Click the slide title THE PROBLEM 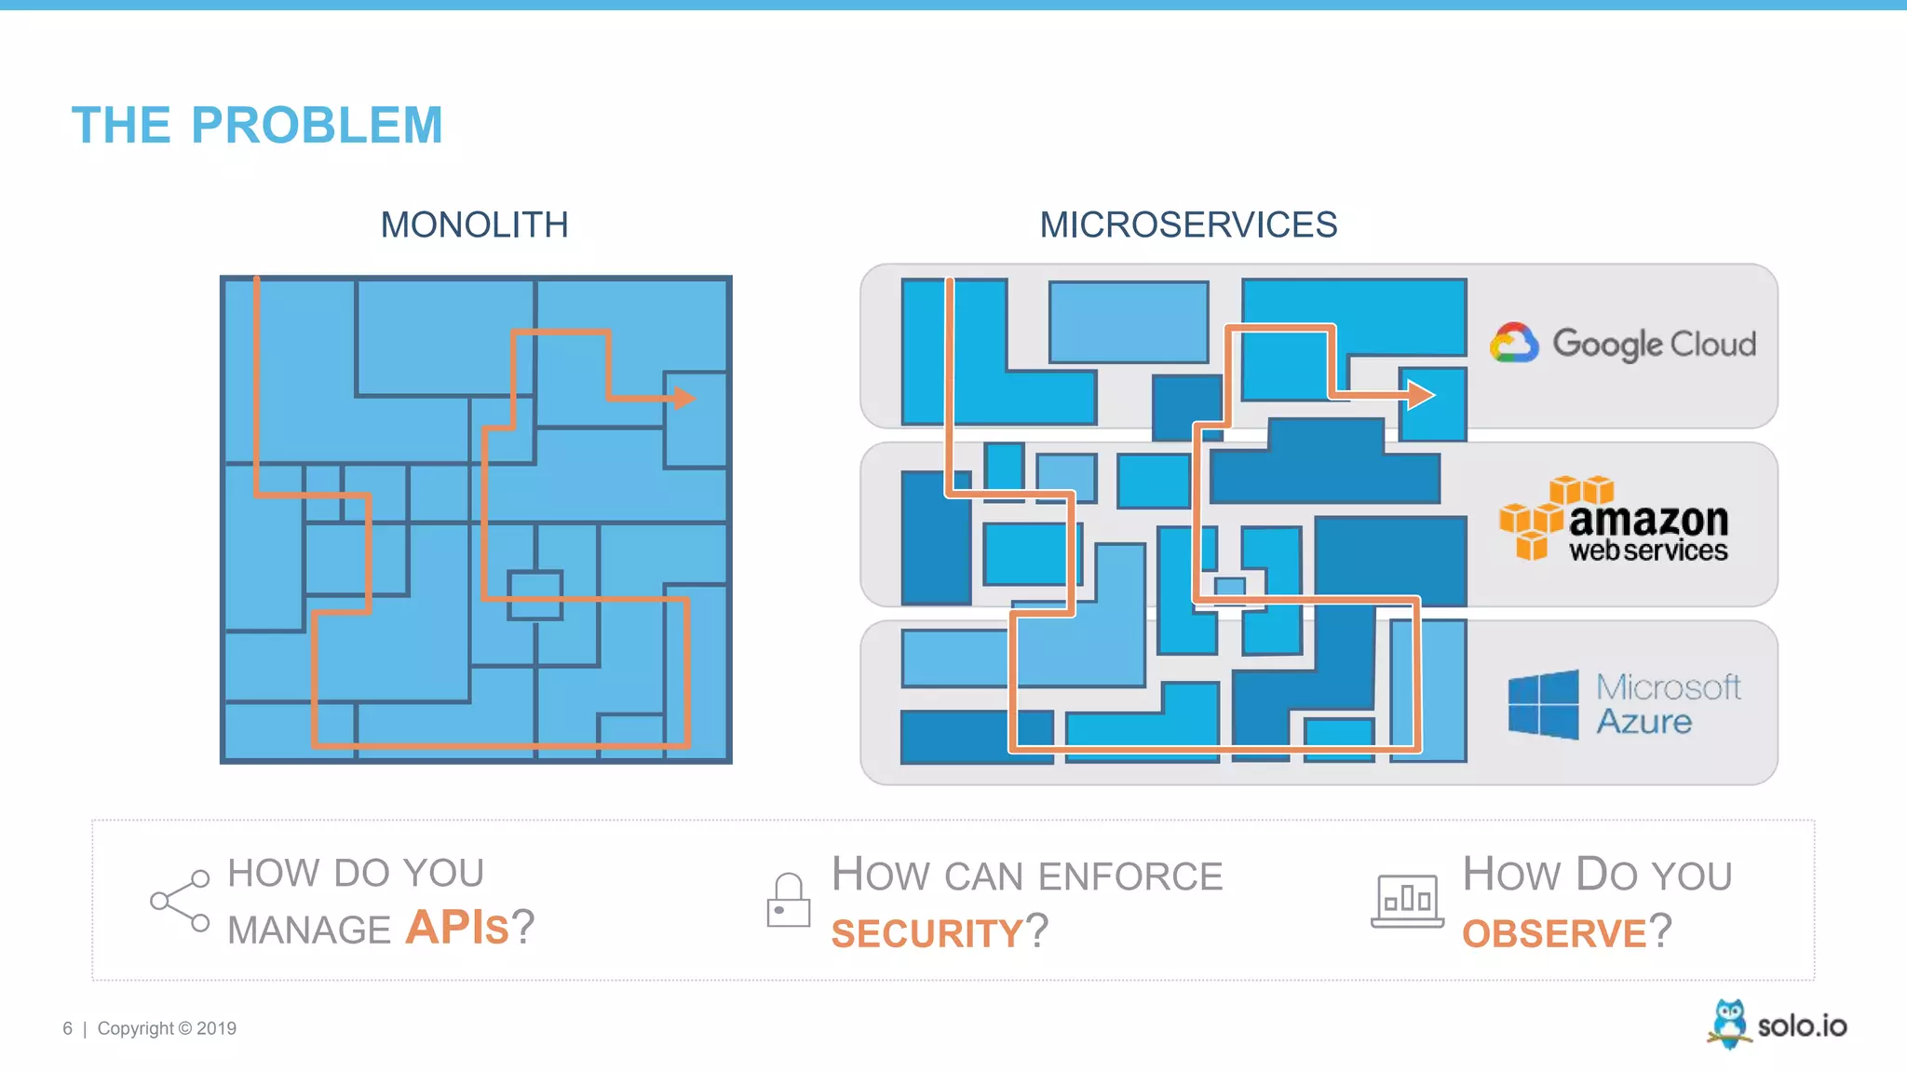coord(257,126)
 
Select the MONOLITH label coord(474,225)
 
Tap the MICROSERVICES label coord(1188,225)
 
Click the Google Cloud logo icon coord(1514,344)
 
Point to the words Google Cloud coord(1654,345)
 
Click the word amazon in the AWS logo coord(1648,519)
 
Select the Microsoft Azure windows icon coord(1543,705)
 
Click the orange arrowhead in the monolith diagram coord(684,398)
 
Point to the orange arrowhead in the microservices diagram coord(1420,395)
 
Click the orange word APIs coord(457,928)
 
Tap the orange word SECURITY coord(926,933)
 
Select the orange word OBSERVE coord(1554,933)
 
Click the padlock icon coord(788,901)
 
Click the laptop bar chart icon coord(1407,901)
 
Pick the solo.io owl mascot coord(1729,1024)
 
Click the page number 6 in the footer coord(67,1028)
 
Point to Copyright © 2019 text coord(167,1028)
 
